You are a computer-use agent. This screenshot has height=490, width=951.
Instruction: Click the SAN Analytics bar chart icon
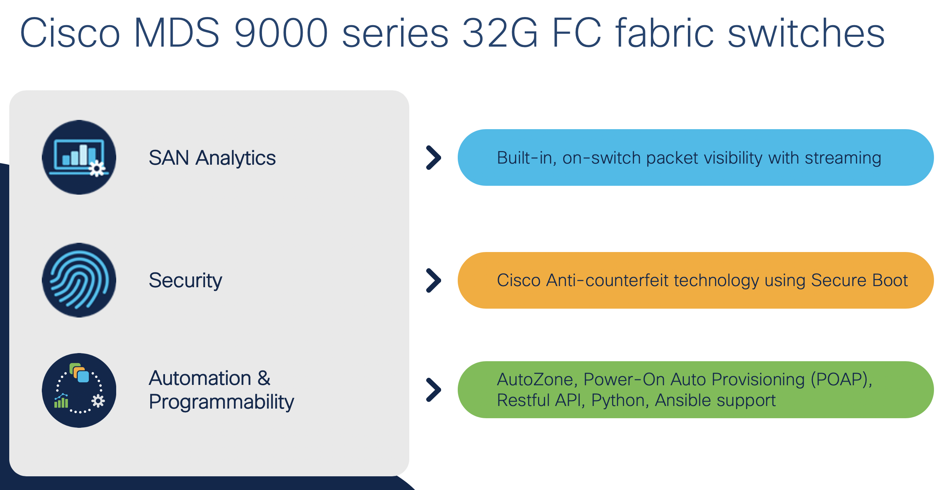(79, 157)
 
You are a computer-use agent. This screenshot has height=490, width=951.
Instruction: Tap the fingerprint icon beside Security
(79, 280)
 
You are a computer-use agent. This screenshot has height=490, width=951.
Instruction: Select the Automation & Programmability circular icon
(79, 390)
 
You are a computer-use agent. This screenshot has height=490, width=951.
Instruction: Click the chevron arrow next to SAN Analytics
(434, 158)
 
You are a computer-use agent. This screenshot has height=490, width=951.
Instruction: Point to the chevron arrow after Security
(434, 281)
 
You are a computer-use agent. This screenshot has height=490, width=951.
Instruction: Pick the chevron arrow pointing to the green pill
(434, 390)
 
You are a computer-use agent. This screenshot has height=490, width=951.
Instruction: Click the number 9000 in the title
(281, 33)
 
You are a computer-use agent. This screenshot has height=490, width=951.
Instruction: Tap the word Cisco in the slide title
(70, 33)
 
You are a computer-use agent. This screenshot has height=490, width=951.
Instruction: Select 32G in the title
(500, 33)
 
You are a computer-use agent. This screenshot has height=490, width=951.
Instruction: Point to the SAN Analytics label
(212, 158)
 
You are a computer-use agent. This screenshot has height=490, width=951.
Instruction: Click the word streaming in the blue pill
(843, 158)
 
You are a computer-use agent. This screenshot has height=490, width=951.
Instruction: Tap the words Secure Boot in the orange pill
(859, 280)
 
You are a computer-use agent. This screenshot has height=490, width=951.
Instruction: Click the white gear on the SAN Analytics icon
(97, 169)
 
